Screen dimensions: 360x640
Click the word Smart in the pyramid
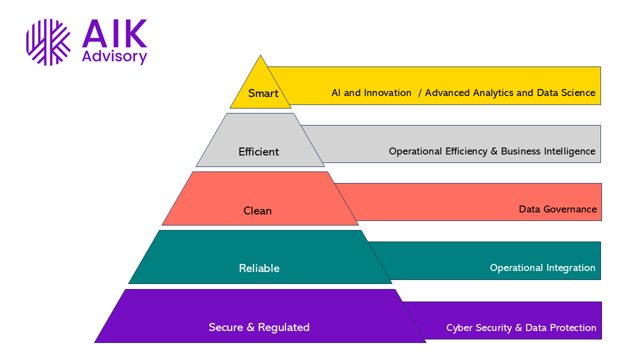click(263, 93)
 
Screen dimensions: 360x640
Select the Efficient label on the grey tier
click(258, 152)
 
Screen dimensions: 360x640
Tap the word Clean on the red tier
click(257, 211)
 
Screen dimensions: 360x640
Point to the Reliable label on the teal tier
click(259, 268)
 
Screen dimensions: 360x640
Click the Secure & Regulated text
click(259, 327)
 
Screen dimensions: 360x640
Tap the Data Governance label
click(557, 209)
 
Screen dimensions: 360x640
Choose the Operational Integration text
click(542, 268)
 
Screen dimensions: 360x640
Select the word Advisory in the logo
click(114, 56)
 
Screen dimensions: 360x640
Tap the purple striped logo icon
click(48, 42)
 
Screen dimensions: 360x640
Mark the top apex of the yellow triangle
click(260, 55)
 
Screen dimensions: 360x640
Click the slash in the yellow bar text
click(419, 93)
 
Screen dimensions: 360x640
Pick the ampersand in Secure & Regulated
click(251, 327)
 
